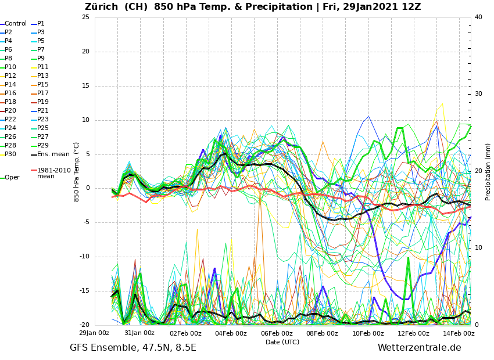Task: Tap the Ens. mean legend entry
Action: [x=53, y=154]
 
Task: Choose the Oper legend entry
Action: [x=12, y=178]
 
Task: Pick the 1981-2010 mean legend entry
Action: [x=53, y=173]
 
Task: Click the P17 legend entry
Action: [x=43, y=93]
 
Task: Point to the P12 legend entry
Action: [x=10, y=76]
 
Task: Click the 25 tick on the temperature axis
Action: [x=85, y=17]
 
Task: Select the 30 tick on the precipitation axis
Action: [x=478, y=94]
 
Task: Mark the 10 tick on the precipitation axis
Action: [x=478, y=248]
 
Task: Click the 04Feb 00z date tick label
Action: [x=231, y=333]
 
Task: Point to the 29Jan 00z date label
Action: [x=94, y=333]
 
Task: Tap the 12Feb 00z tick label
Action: [x=413, y=333]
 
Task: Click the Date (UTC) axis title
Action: [x=282, y=342]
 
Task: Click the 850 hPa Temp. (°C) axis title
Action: [x=77, y=172]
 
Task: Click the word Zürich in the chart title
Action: [x=104, y=7]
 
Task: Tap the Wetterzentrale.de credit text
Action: [x=419, y=348]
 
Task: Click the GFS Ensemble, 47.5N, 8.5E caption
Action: [x=133, y=348]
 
